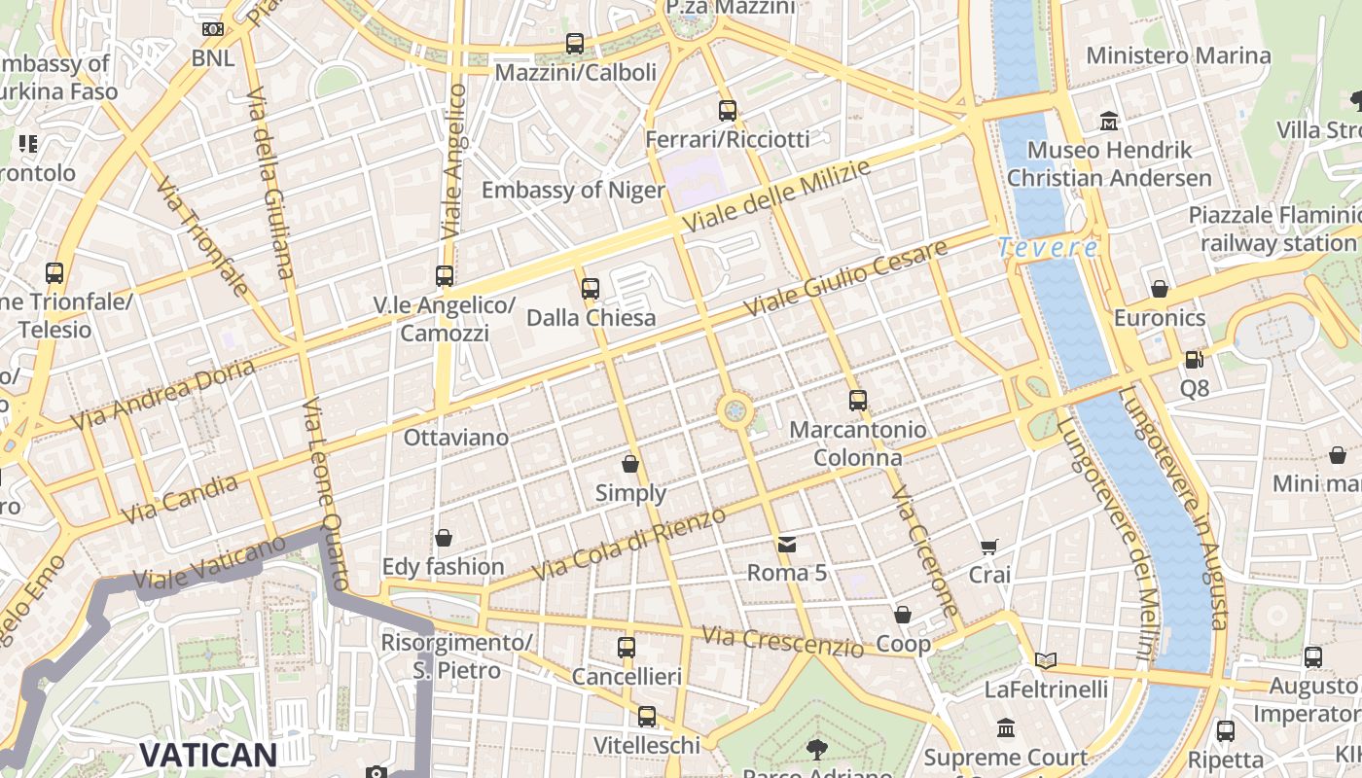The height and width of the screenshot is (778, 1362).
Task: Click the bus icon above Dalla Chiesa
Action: coord(591,288)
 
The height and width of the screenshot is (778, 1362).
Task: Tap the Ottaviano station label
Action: coord(456,438)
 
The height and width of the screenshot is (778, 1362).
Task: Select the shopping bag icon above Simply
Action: coord(630,464)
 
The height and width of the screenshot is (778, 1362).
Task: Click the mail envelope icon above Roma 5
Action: coord(787,545)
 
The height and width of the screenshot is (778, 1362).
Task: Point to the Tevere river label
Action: coord(1048,248)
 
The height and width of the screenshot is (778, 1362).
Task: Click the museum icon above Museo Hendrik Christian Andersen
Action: coord(1109,122)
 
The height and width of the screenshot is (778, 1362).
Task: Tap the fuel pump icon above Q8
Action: coord(1194,360)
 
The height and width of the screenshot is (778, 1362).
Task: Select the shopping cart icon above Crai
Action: coord(989,547)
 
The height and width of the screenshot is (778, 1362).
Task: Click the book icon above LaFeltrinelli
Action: coord(1046,661)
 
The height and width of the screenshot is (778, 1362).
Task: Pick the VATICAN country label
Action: coord(208,755)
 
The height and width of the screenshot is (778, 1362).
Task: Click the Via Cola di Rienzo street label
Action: coord(630,546)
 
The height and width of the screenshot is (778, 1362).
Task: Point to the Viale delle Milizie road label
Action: coord(775,197)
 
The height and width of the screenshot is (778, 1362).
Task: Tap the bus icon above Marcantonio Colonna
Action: coord(857,401)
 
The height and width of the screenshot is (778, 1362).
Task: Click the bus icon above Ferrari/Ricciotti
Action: coord(728,111)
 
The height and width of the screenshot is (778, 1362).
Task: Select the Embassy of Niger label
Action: coord(573,190)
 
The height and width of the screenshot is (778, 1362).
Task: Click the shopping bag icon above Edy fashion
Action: coord(444,538)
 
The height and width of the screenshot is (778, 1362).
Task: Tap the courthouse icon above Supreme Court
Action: coord(1006,728)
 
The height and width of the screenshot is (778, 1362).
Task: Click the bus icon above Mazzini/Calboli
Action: coord(575,44)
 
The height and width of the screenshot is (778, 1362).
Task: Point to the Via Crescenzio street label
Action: coord(782,641)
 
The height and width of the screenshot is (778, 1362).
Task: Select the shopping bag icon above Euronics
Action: coord(1159,289)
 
